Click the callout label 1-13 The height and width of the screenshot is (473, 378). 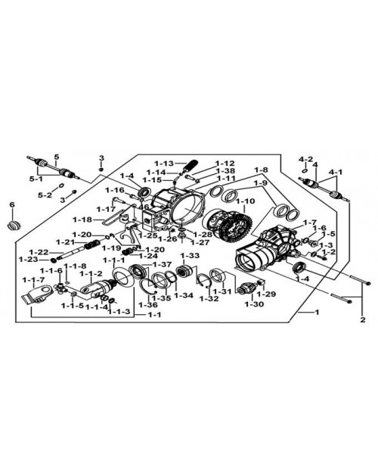pyautogui.click(x=164, y=163)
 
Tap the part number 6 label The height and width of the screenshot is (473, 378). pyautogui.click(x=12, y=205)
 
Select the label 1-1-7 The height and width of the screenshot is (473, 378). pyautogui.click(x=34, y=280)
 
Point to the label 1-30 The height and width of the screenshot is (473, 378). pyautogui.click(x=254, y=304)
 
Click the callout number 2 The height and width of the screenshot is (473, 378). pyautogui.click(x=363, y=320)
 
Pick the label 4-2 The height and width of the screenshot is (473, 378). pyautogui.click(x=306, y=159)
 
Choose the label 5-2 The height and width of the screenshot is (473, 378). pyautogui.click(x=45, y=195)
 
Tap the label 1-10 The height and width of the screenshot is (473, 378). pyautogui.click(x=245, y=201)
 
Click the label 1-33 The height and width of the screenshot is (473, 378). pyautogui.click(x=190, y=256)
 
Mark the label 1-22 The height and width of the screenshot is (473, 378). pyautogui.click(x=39, y=252)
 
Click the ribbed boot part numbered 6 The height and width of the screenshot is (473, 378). pyautogui.click(x=14, y=226)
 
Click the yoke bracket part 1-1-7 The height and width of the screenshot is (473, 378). pyautogui.click(x=37, y=294)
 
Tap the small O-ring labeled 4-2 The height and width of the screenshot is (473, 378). pyautogui.click(x=305, y=171)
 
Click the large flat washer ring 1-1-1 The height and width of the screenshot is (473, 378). pyautogui.click(x=123, y=278)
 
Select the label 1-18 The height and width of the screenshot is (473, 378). pyautogui.click(x=82, y=219)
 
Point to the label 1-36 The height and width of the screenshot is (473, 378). pyautogui.click(x=148, y=305)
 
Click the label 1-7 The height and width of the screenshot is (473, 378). pyautogui.click(x=309, y=222)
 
